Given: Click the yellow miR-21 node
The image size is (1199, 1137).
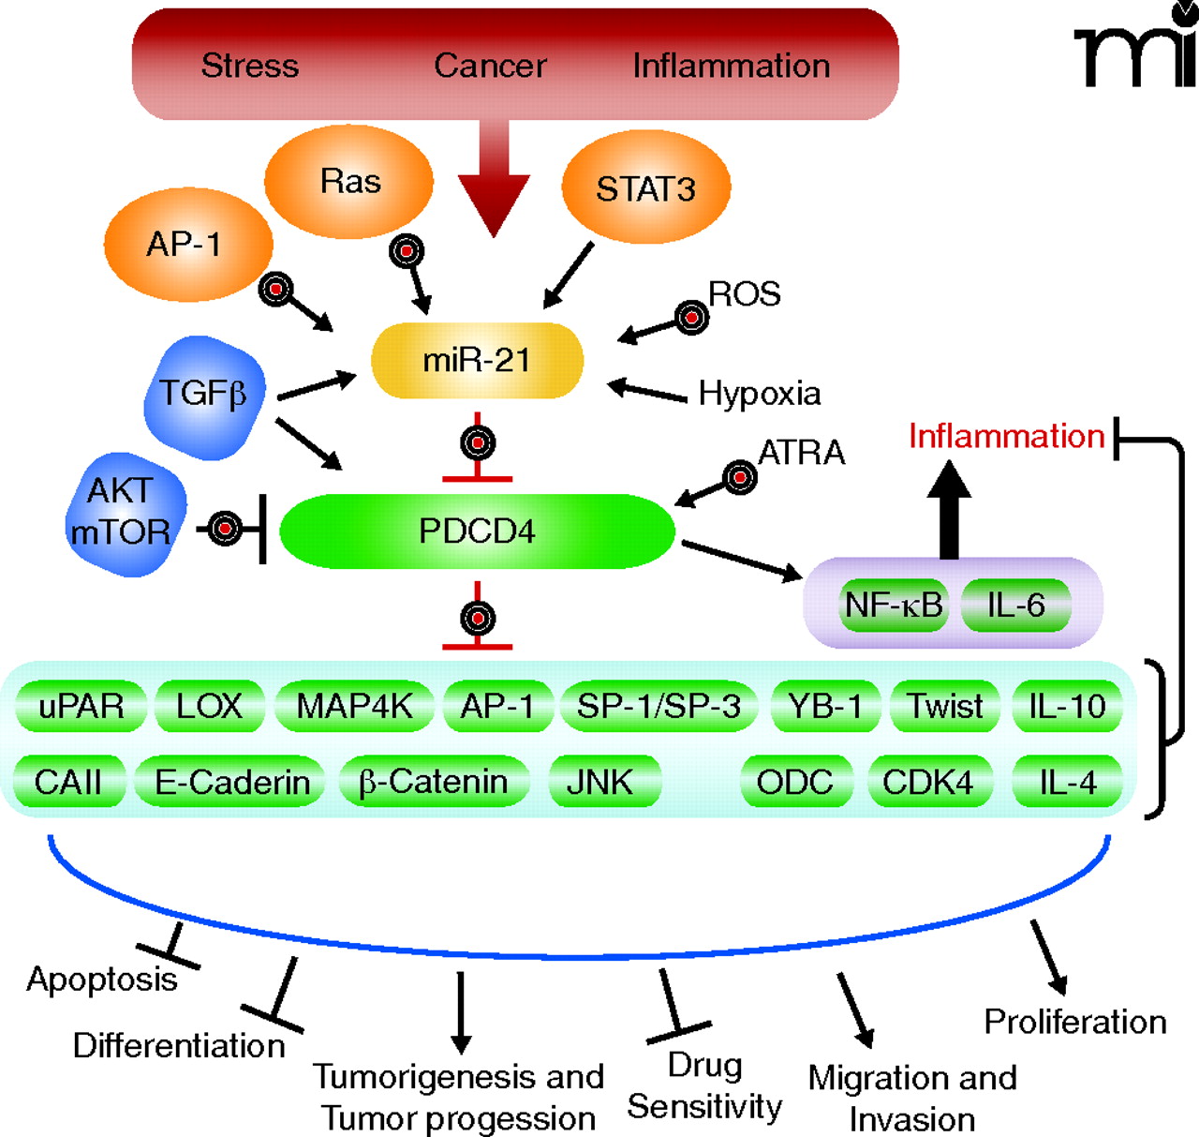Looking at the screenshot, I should [477, 361].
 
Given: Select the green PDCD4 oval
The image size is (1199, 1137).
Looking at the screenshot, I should [477, 531].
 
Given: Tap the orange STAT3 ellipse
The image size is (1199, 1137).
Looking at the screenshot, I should [645, 188].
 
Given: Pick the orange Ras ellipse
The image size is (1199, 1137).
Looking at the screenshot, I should [349, 181].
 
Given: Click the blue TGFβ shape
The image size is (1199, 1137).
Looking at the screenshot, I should [203, 396].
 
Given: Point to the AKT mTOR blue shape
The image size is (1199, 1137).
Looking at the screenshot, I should [122, 513].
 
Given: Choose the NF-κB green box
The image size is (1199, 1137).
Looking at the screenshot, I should [894, 606].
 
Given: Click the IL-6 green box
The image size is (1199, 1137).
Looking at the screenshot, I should [1015, 606].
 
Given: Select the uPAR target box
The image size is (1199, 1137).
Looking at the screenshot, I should [81, 706].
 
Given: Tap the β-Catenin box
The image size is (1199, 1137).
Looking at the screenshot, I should [433, 782].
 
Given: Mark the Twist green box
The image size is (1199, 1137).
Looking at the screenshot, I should [946, 706].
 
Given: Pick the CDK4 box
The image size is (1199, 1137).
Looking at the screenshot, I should [927, 782].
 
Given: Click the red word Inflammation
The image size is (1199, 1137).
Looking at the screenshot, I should [1006, 436].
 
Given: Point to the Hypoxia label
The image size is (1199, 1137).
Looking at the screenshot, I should [760, 394].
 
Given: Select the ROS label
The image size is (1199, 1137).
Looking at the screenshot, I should [744, 294].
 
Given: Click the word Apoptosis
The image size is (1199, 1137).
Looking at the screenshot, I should [101, 979].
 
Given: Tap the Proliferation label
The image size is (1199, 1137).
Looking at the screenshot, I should [1075, 1021].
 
